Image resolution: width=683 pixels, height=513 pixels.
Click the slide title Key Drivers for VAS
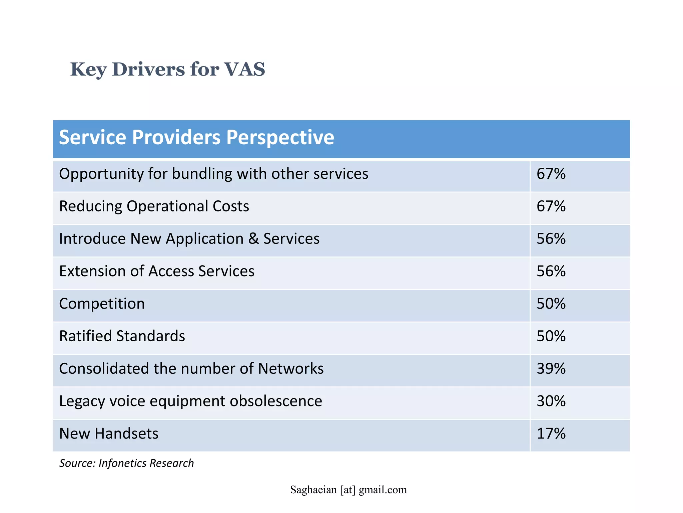click(167, 69)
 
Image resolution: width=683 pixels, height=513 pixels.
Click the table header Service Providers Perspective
click(196, 138)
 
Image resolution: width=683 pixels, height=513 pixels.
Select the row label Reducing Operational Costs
click(154, 206)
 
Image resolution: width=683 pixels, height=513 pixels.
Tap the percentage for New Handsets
click(551, 434)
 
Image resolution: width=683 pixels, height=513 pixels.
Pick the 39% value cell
click(551, 369)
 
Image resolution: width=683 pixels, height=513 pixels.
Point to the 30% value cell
click(551, 401)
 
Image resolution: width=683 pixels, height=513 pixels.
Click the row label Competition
click(102, 304)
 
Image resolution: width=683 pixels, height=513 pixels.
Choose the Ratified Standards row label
click(122, 336)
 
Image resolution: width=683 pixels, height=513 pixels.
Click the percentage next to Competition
click(551, 304)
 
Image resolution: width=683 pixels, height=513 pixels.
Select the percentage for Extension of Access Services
click(551, 271)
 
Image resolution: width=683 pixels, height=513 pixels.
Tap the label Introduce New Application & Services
click(189, 239)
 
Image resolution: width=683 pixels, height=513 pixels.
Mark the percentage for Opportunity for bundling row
click(551, 174)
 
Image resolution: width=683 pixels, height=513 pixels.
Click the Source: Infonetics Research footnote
click(126, 463)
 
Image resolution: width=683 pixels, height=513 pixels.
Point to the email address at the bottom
click(349, 490)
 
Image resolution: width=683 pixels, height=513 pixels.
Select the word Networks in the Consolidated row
click(290, 369)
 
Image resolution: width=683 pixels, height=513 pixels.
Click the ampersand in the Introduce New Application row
click(253, 239)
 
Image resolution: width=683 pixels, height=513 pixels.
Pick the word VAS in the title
click(244, 69)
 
